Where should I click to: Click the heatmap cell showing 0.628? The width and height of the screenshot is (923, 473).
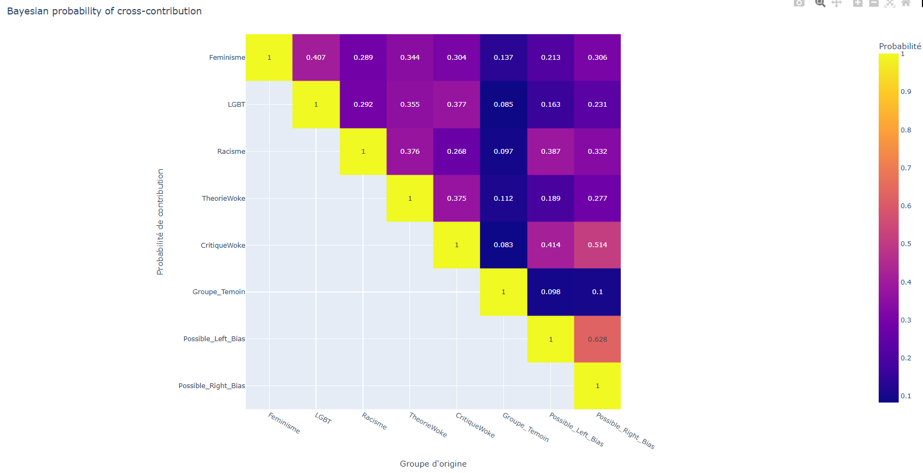pyautogui.click(x=597, y=339)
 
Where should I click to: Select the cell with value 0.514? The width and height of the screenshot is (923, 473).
pyautogui.click(x=597, y=245)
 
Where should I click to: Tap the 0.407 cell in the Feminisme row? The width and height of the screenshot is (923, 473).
pyautogui.click(x=316, y=58)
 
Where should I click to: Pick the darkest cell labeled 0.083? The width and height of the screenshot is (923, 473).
pyautogui.click(x=503, y=245)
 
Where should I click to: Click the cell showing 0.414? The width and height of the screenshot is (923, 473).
pyautogui.click(x=550, y=245)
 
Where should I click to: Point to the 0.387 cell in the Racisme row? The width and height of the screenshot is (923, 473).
pyautogui.click(x=550, y=152)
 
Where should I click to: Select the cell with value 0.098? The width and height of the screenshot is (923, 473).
pyautogui.click(x=550, y=292)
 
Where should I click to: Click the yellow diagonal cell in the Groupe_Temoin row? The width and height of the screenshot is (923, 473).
pyautogui.click(x=503, y=292)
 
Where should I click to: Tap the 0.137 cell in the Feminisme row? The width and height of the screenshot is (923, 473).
pyautogui.click(x=503, y=58)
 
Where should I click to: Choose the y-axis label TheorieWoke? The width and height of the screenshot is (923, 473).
pyautogui.click(x=223, y=199)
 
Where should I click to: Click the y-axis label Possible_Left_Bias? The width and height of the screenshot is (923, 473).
pyautogui.click(x=214, y=339)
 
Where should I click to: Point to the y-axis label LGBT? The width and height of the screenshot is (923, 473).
pyautogui.click(x=236, y=105)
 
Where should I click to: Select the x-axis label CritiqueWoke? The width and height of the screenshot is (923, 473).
pyautogui.click(x=475, y=425)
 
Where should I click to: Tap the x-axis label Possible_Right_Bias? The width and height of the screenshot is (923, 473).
pyautogui.click(x=625, y=431)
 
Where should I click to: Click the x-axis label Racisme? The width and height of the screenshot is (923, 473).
pyautogui.click(x=374, y=421)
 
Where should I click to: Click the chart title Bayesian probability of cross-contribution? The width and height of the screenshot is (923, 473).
pyautogui.click(x=104, y=11)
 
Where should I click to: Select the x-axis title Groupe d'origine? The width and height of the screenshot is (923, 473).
pyautogui.click(x=433, y=464)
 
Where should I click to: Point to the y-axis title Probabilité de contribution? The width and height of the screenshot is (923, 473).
pyautogui.click(x=160, y=222)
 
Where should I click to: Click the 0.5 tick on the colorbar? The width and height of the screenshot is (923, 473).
pyautogui.click(x=906, y=244)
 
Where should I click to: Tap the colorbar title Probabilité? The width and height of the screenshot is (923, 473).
pyautogui.click(x=900, y=46)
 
